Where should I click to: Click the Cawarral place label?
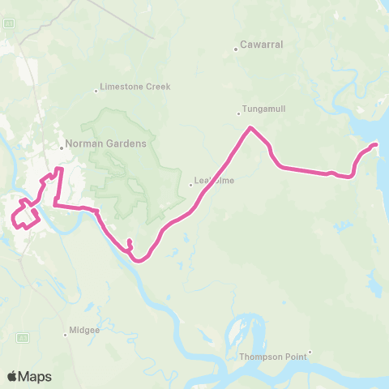[x=263, y=45]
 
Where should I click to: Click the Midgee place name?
[x=85, y=331]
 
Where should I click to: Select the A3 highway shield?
[x=25, y=336]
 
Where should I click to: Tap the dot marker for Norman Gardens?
[x=62, y=147]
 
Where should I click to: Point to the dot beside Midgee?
[x=66, y=331]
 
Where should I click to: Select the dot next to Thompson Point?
[x=310, y=352]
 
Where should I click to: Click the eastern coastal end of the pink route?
[x=376, y=144]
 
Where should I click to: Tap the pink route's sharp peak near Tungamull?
[x=251, y=127]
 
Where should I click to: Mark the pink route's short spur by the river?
[x=129, y=241]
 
